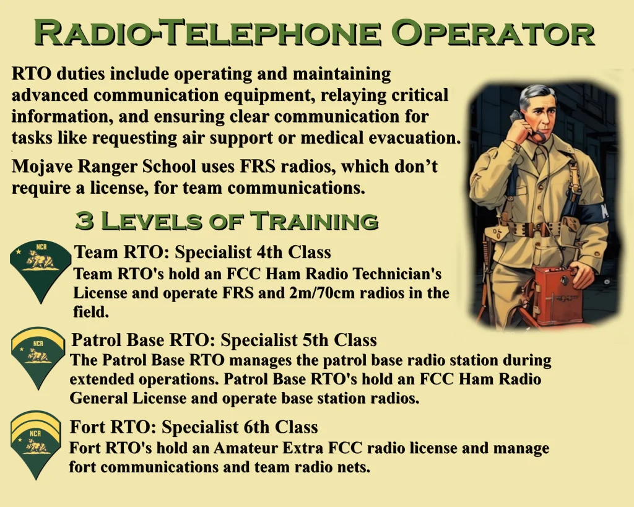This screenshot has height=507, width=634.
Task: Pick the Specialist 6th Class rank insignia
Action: [x=36, y=444]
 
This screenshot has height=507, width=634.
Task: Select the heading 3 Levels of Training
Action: [x=227, y=221]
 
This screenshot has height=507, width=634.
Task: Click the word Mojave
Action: [x=41, y=167]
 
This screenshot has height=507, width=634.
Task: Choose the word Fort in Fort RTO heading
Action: [x=87, y=427]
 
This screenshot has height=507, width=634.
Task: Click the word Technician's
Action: [x=397, y=274]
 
